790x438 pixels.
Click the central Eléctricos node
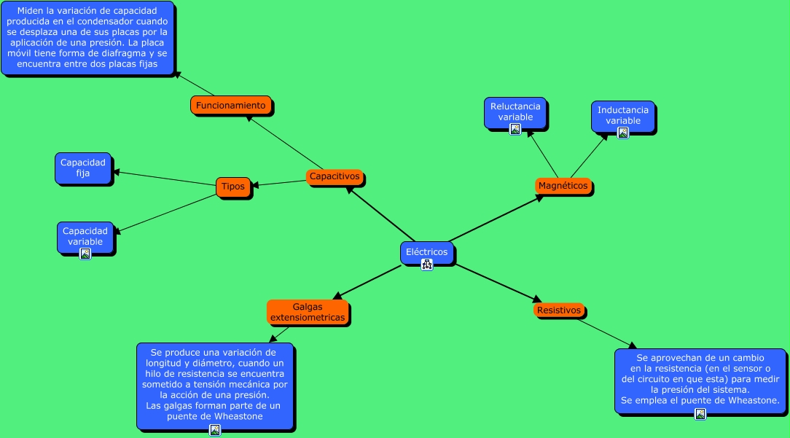[426, 251]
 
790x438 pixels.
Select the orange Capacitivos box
[335, 176]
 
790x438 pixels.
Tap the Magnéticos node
[563, 186]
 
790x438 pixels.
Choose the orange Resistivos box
[559, 310]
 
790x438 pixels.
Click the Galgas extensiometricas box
[308, 312]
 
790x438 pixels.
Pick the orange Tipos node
[233, 187]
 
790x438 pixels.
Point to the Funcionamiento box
[231, 105]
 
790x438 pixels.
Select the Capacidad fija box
[83, 168]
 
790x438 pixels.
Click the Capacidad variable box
[85, 236]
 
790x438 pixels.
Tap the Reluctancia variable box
[515, 112]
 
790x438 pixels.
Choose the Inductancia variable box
[623, 115]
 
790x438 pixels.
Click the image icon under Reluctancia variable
[515, 129]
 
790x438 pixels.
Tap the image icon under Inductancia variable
[623, 133]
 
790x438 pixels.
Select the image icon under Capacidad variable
[85, 254]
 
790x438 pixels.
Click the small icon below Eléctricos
[427, 265]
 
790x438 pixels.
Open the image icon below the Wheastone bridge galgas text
[215, 430]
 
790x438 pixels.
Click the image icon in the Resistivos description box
[700, 414]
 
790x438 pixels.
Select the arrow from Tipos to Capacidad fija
[164, 179]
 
